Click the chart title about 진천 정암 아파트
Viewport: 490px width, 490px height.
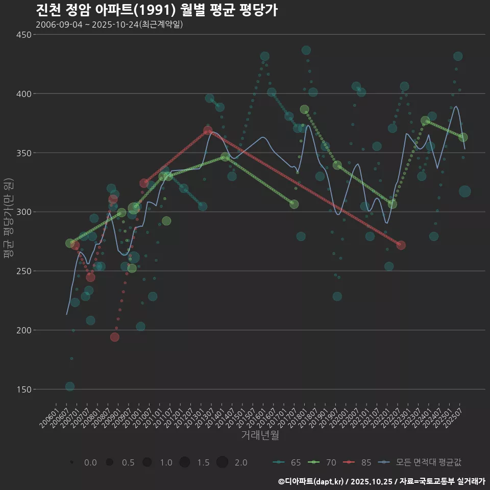point(157,10)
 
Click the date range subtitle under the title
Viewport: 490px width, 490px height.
point(109,24)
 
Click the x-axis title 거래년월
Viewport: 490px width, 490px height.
point(260,435)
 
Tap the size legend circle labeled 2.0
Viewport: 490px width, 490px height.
point(222,462)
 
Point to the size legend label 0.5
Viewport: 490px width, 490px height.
point(128,462)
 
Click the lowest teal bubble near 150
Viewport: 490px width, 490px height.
point(70,386)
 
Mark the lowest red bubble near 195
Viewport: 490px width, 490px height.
point(115,337)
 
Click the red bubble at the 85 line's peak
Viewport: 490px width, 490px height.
point(208,131)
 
